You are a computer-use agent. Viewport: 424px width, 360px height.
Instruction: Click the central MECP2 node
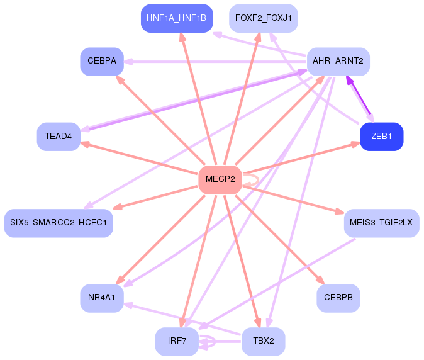pyautogui.click(x=220, y=180)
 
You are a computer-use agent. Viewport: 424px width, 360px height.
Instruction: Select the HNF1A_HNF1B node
pyautogui.click(x=176, y=18)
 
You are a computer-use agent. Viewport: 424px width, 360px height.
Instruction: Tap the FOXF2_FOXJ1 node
pyautogui.click(x=263, y=18)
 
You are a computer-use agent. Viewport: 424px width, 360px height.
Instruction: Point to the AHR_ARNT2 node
pyautogui.click(x=338, y=61)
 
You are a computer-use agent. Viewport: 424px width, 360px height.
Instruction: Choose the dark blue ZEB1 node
pyautogui.click(x=381, y=137)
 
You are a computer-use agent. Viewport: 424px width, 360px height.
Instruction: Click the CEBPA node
pyautogui.click(x=102, y=61)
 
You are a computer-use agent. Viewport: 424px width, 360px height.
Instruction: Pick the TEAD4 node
pyautogui.click(x=59, y=137)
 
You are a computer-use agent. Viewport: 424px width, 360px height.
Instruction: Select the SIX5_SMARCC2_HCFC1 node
pyautogui.click(x=59, y=223)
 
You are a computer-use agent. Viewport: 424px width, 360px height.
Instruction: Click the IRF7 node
pyautogui.click(x=177, y=341)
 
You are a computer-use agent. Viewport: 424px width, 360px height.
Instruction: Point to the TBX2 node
pyautogui.click(x=263, y=341)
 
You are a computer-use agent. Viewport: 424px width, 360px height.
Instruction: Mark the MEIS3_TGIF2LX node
pyautogui.click(x=381, y=223)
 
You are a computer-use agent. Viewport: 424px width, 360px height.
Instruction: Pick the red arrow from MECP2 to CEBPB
pyautogui.click(x=279, y=240)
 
